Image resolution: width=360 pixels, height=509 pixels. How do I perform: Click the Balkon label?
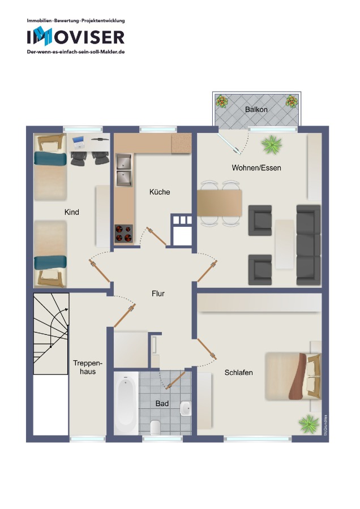[256, 109]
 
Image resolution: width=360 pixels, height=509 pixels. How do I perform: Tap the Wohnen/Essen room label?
[256, 168]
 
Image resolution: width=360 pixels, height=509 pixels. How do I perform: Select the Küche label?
[160, 192]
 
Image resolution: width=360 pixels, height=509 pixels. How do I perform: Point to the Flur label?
[158, 294]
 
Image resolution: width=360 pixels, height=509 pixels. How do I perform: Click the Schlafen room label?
[238, 372]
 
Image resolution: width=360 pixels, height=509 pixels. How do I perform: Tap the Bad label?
[162, 403]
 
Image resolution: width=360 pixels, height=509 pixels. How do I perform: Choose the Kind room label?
[71, 212]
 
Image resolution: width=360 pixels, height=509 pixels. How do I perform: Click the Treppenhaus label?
[88, 367]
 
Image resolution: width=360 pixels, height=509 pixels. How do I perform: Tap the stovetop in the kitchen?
[123, 234]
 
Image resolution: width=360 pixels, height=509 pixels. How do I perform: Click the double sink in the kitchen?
[124, 170]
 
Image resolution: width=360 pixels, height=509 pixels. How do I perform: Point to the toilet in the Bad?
[155, 427]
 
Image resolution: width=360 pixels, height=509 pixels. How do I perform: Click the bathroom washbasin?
[185, 408]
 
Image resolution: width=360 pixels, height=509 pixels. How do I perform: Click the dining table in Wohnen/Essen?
[219, 203]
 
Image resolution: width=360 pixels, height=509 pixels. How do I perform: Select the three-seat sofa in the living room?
[308, 245]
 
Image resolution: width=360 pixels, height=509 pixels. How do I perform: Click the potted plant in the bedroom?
[308, 424]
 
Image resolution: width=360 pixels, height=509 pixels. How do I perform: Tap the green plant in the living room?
[271, 144]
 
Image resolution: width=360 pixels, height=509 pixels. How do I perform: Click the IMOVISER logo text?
[76, 37]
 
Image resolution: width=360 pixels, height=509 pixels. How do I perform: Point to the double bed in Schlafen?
[293, 376]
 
